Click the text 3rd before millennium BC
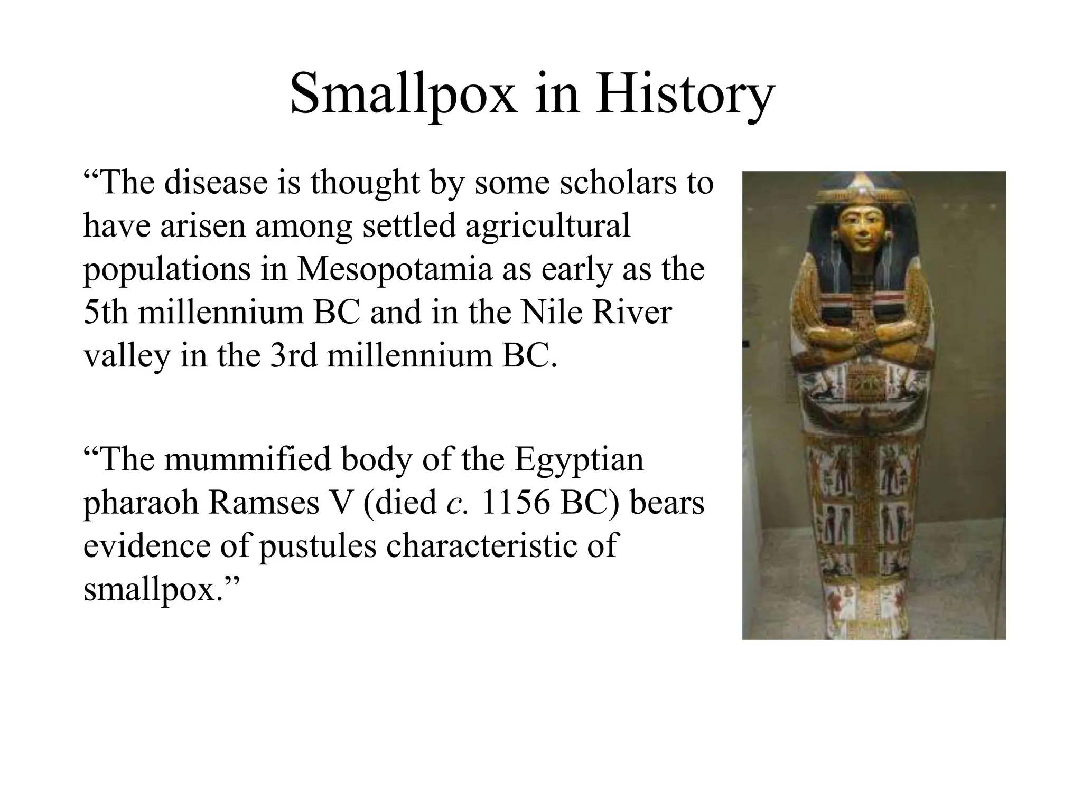pyautogui.click(x=294, y=355)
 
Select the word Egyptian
pyautogui.click(x=579, y=459)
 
